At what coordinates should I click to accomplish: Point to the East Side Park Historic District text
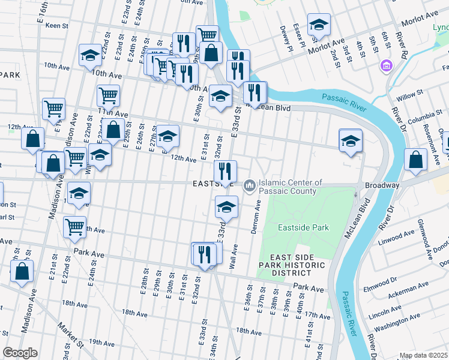click(x=292, y=265)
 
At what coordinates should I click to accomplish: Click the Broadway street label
click(x=382, y=185)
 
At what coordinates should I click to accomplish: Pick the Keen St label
click(x=58, y=26)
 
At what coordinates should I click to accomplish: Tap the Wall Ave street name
click(x=235, y=255)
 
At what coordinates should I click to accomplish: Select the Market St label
click(x=71, y=336)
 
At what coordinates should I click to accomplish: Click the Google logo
click(x=20, y=353)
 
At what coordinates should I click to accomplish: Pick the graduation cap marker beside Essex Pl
click(x=319, y=25)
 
